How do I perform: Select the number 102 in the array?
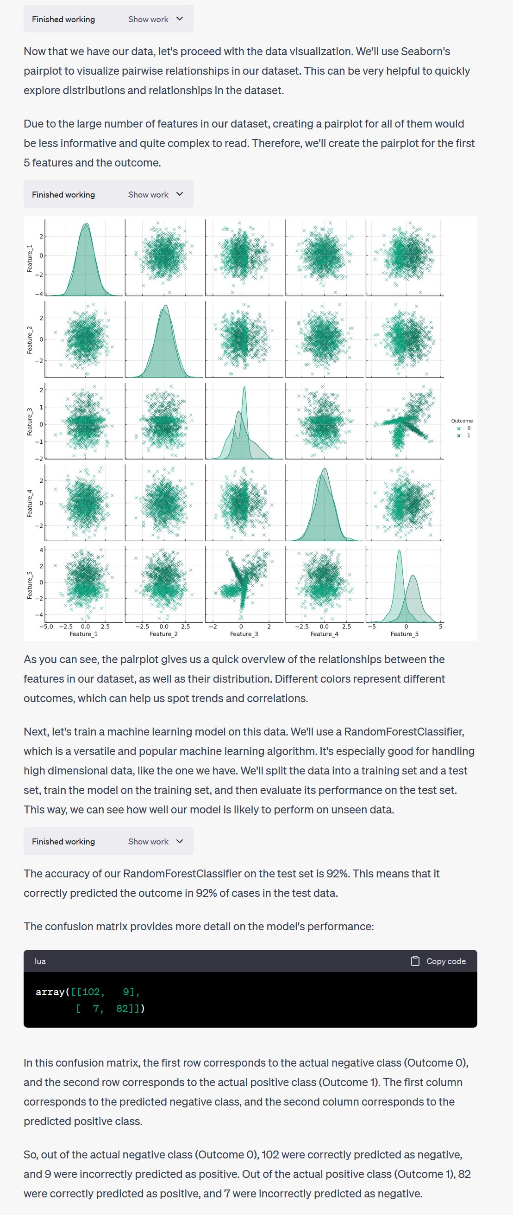click(91, 992)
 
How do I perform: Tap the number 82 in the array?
click(123, 1009)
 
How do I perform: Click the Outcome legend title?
click(462, 421)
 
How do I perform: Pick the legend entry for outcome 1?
click(463, 436)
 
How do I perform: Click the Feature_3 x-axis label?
click(244, 634)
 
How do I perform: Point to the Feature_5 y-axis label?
click(30, 585)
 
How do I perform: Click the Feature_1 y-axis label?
click(30, 258)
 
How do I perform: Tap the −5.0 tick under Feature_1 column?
click(46, 627)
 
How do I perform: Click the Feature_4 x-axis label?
click(324, 634)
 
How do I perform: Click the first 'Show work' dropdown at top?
click(156, 19)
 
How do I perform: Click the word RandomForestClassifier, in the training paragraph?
click(404, 731)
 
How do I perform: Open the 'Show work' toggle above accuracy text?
click(156, 841)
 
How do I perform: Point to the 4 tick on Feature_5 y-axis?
click(41, 550)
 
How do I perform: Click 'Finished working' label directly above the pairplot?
click(63, 194)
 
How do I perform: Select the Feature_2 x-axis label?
click(163, 634)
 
